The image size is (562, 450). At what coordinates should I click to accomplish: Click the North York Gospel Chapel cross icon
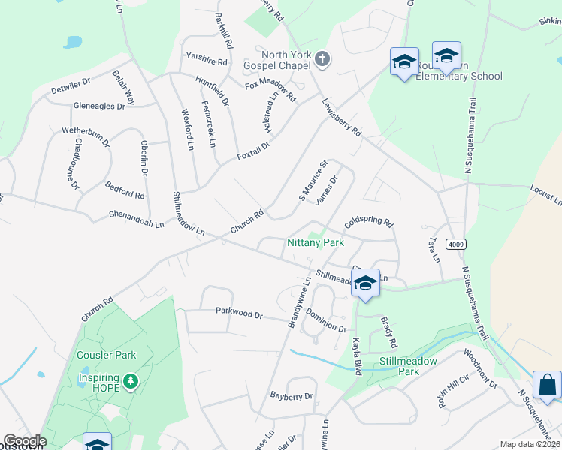tap(322, 59)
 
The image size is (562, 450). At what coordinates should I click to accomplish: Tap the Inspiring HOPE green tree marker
tap(131, 382)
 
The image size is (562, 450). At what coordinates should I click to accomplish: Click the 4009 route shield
tap(455, 244)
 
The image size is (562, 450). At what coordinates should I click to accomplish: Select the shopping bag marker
tap(547, 385)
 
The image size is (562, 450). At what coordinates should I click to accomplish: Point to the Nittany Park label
tap(316, 242)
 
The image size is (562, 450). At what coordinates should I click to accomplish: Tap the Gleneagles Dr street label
tap(99, 106)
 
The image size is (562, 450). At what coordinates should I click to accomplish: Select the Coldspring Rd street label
tap(368, 223)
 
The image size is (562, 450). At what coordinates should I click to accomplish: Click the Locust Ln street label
tap(545, 196)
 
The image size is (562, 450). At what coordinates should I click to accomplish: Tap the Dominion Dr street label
tap(325, 321)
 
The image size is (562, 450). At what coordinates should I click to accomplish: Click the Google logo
tap(25, 441)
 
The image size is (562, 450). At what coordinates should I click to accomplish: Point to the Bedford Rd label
tap(125, 190)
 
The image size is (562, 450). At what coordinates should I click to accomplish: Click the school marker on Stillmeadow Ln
tap(366, 283)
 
